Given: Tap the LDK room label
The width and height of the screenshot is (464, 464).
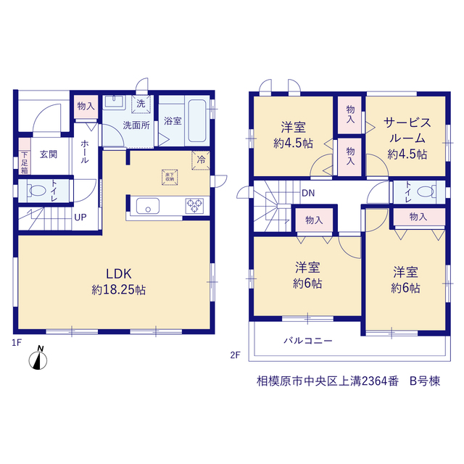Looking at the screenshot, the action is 119,274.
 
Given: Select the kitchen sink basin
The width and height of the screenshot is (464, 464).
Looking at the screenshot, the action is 148,206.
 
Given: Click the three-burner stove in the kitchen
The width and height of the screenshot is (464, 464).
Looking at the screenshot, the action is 194,206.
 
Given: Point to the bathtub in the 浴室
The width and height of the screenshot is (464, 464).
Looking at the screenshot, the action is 197,121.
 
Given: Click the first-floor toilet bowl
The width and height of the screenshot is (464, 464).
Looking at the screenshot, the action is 38,191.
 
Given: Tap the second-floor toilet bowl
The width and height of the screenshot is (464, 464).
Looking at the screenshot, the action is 426,191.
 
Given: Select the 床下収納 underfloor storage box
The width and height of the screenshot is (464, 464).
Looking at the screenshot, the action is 170,177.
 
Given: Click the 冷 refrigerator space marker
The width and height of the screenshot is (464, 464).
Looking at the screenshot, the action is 201,160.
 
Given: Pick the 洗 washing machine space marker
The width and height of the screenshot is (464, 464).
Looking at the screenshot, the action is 141,104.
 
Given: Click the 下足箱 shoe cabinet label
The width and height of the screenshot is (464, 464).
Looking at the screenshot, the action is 25,162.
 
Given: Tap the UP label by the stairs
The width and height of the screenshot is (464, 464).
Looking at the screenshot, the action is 80,217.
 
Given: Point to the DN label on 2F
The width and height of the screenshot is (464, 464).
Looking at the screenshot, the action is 308,194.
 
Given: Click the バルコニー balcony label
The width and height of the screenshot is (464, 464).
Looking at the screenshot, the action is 307,341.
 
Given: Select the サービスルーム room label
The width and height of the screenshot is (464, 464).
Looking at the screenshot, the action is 407,130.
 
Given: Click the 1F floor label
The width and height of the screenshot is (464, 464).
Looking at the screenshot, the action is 17,343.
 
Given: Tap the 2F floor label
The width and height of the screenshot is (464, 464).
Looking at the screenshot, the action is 235,355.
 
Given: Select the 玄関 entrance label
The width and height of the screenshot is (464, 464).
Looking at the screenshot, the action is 49,154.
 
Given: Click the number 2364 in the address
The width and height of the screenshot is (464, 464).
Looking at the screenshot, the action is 374,381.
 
